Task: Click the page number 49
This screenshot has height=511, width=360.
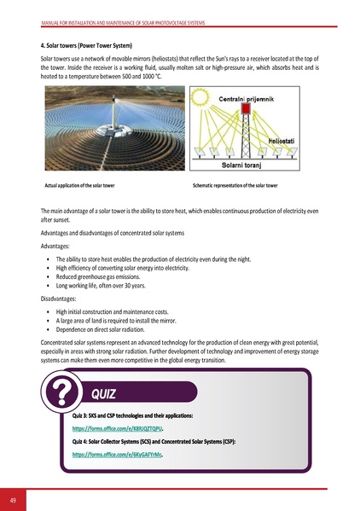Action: (13, 499)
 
